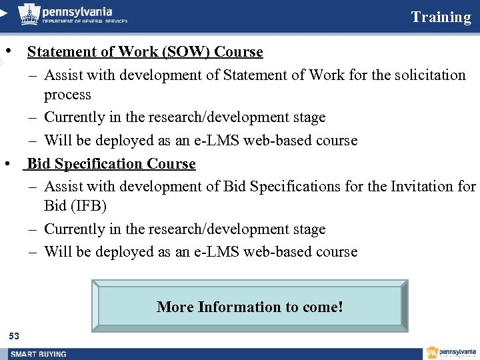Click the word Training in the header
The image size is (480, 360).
click(441, 17)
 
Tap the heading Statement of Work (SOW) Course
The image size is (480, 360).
click(145, 52)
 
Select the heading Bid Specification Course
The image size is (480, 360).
click(111, 164)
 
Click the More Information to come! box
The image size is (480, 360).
click(250, 307)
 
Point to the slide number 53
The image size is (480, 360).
click(14, 335)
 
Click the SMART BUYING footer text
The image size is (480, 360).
click(39, 353)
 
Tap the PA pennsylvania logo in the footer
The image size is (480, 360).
click(451, 353)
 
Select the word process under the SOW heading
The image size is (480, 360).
click(67, 95)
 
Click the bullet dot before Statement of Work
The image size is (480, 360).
click(7, 51)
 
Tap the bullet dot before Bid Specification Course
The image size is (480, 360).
click(7, 163)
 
